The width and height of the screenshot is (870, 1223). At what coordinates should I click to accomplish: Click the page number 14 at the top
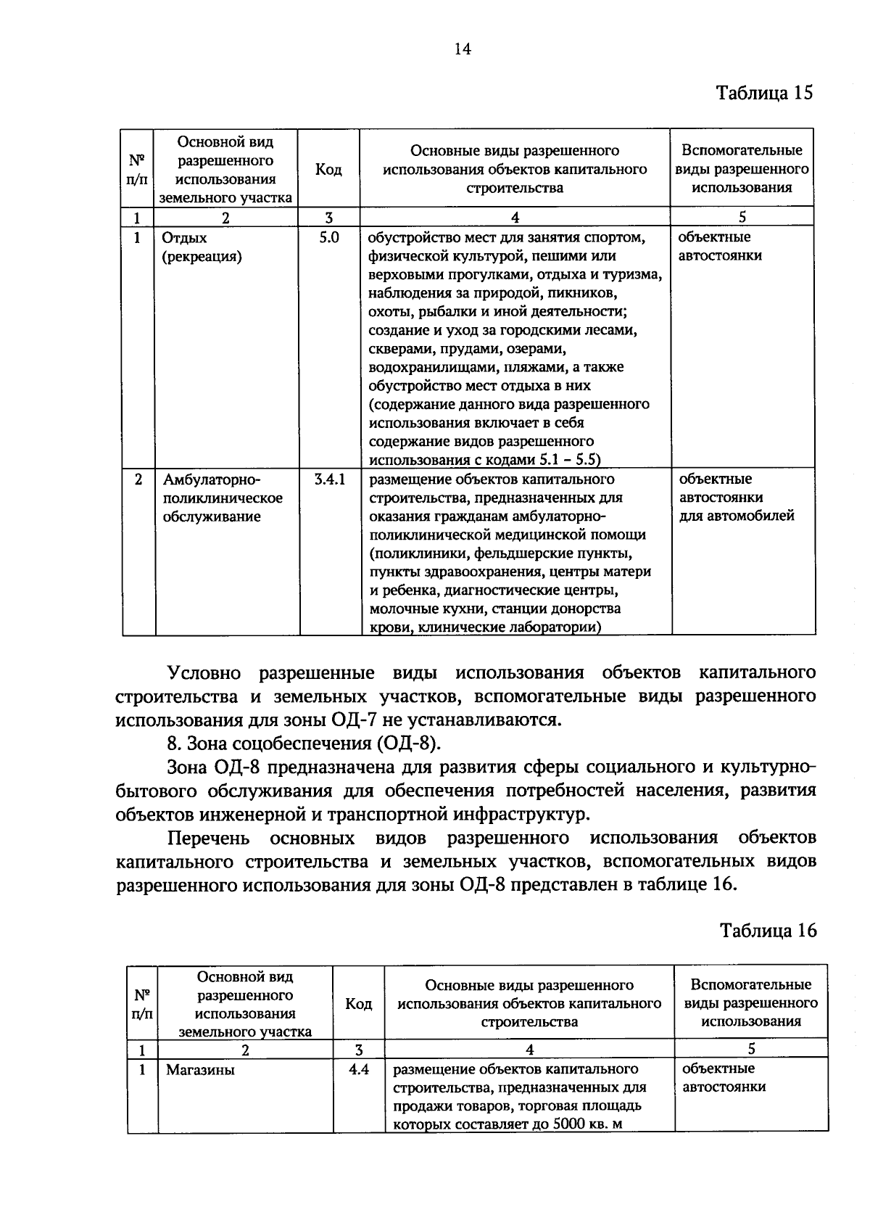click(462, 49)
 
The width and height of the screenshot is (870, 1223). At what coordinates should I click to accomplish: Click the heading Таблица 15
click(764, 94)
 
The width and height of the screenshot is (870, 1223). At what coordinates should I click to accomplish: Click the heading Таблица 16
click(768, 931)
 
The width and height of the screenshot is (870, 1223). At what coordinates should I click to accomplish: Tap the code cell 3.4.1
click(329, 479)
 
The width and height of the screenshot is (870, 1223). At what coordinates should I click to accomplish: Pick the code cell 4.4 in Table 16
click(358, 1069)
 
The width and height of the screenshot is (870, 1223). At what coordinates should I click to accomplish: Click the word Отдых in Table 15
click(184, 238)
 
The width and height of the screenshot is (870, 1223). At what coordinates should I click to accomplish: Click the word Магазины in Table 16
click(200, 1070)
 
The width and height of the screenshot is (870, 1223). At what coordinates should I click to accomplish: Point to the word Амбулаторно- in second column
click(211, 480)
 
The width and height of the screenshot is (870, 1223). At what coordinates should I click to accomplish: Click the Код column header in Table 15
click(328, 170)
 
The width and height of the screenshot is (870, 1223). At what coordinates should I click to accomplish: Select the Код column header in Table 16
click(358, 1004)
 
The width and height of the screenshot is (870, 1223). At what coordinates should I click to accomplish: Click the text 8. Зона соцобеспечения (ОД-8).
click(304, 744)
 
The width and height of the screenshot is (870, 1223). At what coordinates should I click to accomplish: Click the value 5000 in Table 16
click(568, 1124)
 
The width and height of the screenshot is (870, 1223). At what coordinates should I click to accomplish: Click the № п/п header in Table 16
click(143, 1004)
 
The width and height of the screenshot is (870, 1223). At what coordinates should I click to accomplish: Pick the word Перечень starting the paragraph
click(208, 839)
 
